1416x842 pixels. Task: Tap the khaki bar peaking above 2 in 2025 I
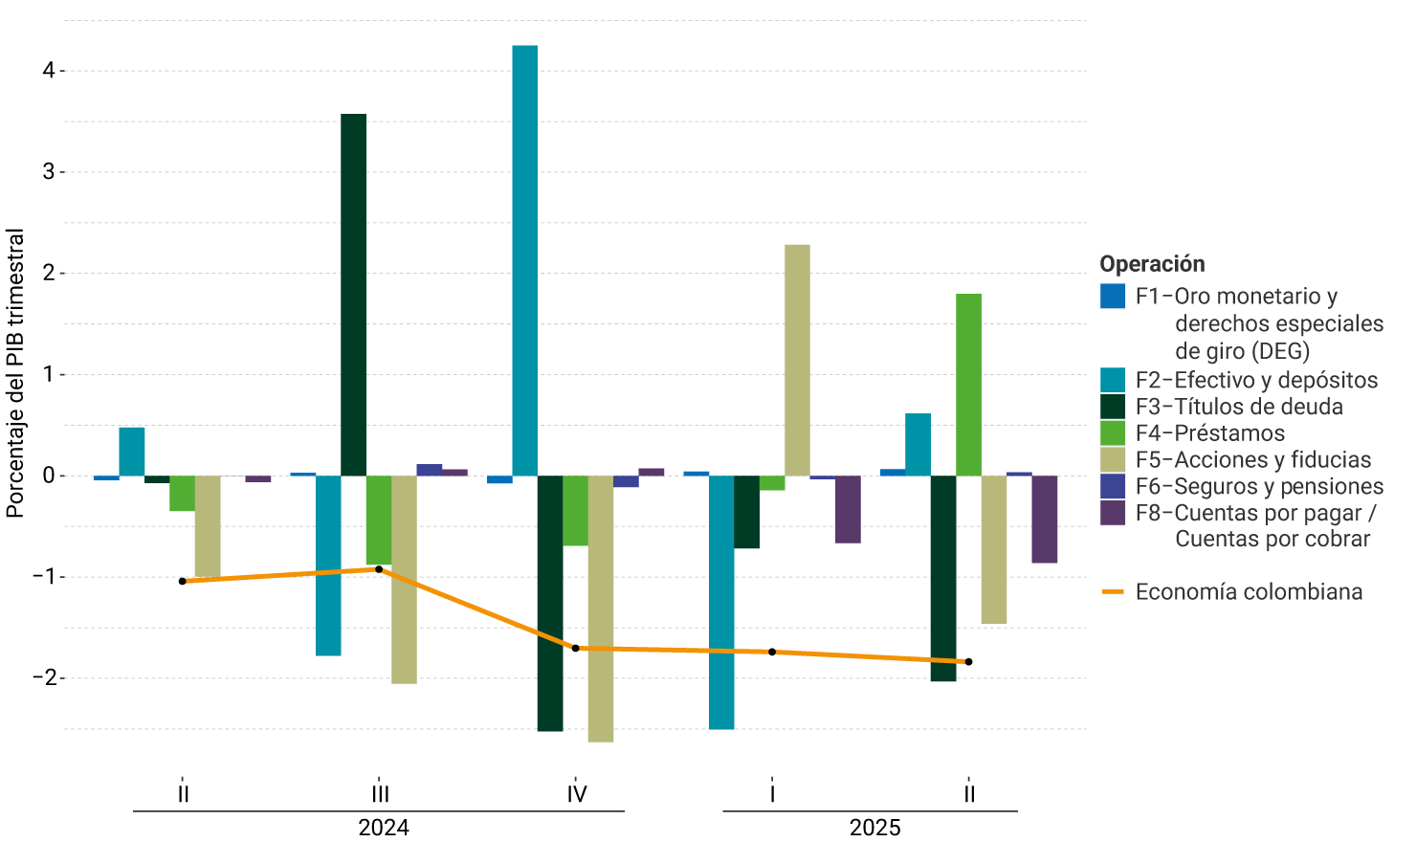pos(797,360)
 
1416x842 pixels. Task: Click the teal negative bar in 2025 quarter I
pos(721,602)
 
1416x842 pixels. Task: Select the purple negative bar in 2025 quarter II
pos(1044,519)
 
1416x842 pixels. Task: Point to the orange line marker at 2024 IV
pos(575,649)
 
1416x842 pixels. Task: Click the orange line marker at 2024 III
pos(379,569)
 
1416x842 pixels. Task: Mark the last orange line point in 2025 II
pos(968,662)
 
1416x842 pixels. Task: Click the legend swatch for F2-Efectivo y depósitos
pos(1113,380)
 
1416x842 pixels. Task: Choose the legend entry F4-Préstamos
pos(1209,433)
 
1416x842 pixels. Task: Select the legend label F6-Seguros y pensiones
pos(1259,486)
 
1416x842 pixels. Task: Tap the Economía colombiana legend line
pos(1113,592)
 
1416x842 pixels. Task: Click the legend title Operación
pos(1152,264)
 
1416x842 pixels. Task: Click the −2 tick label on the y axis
pos(44,678)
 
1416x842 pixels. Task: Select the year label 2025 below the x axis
pos(874,828)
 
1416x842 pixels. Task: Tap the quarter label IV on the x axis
pos(576,794)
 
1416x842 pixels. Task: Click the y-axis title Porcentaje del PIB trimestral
pos(15,373)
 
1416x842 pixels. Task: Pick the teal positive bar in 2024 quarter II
pos(132,452)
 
